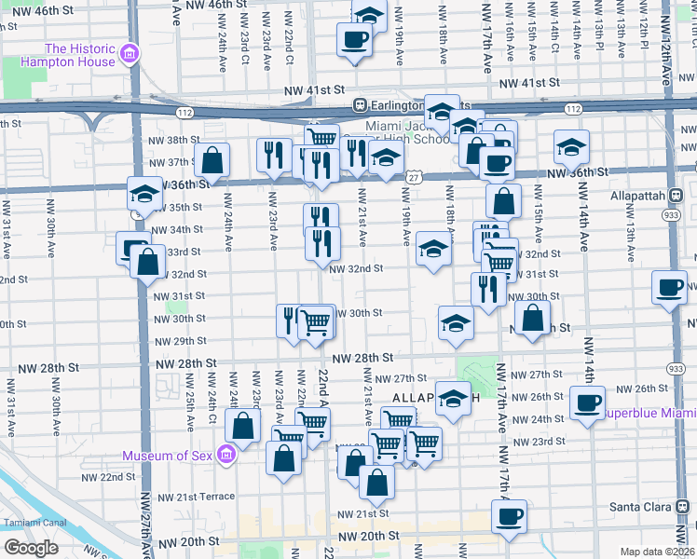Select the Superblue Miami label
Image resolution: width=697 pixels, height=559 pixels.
(647, 412)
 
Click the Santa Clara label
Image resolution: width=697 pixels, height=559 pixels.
(660, 508)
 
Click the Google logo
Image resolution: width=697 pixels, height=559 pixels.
(32, 547)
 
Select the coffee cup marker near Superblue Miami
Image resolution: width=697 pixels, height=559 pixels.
(587, 402)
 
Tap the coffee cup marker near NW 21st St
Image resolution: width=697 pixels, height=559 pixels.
(509, 516)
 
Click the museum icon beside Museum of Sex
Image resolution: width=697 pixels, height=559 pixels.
(225, 456)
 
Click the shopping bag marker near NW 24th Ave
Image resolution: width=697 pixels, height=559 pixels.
(212, 160)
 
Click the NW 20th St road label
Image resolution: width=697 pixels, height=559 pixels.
(369, 537)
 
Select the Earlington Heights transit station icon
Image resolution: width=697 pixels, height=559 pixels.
(358, 106)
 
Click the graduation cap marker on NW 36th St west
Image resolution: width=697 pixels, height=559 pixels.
(144, 195)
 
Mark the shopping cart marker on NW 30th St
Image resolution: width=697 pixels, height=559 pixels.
(316, 322)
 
